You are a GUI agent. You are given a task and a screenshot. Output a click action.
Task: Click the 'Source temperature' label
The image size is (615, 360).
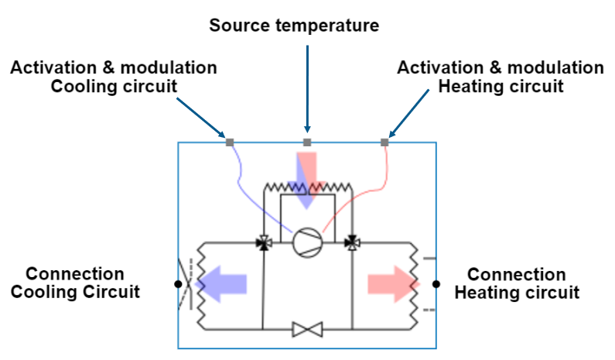[x=295, y=26]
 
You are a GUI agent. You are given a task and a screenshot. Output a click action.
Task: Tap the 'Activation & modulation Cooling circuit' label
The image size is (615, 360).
[x=113, y=77]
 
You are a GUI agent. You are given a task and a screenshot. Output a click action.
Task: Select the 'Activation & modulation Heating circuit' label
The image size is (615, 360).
[x=500, y=77]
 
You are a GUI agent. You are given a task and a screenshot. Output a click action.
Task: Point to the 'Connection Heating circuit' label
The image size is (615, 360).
[x=517, y=283]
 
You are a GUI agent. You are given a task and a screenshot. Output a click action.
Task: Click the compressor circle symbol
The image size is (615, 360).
[x=307, y=242]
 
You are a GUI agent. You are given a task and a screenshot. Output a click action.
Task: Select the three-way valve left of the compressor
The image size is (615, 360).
[x=264, y=243]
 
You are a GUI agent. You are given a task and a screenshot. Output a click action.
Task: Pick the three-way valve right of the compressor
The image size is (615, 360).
[x=351, y=243]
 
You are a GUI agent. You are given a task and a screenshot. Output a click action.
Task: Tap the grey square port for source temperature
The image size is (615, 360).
[x=307, y=142]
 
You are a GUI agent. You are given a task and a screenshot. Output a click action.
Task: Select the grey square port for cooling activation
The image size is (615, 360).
[x=229, y=142]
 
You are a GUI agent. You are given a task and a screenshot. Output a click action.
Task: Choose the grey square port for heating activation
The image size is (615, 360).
[x=384, y=142]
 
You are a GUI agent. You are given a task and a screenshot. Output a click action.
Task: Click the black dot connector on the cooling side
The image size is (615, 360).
[x=179, y=284]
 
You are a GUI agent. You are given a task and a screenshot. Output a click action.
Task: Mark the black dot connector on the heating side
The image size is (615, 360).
[x=436, y=284]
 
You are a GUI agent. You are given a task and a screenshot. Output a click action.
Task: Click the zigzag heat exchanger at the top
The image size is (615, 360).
[x=307, y=188]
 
